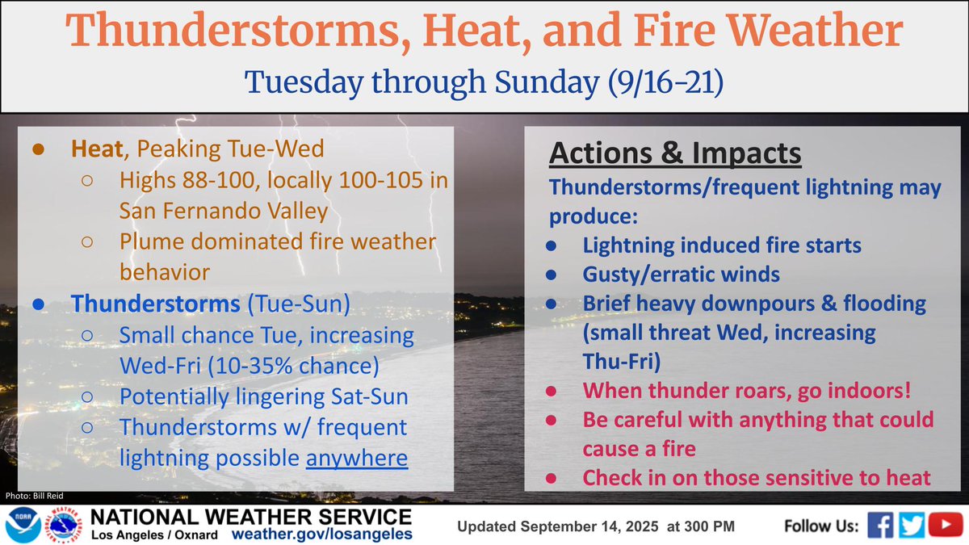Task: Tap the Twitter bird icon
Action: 912,526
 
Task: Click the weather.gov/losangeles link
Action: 322,535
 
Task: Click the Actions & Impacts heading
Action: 676,153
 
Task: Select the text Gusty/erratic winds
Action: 681,275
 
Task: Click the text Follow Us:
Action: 820,526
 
